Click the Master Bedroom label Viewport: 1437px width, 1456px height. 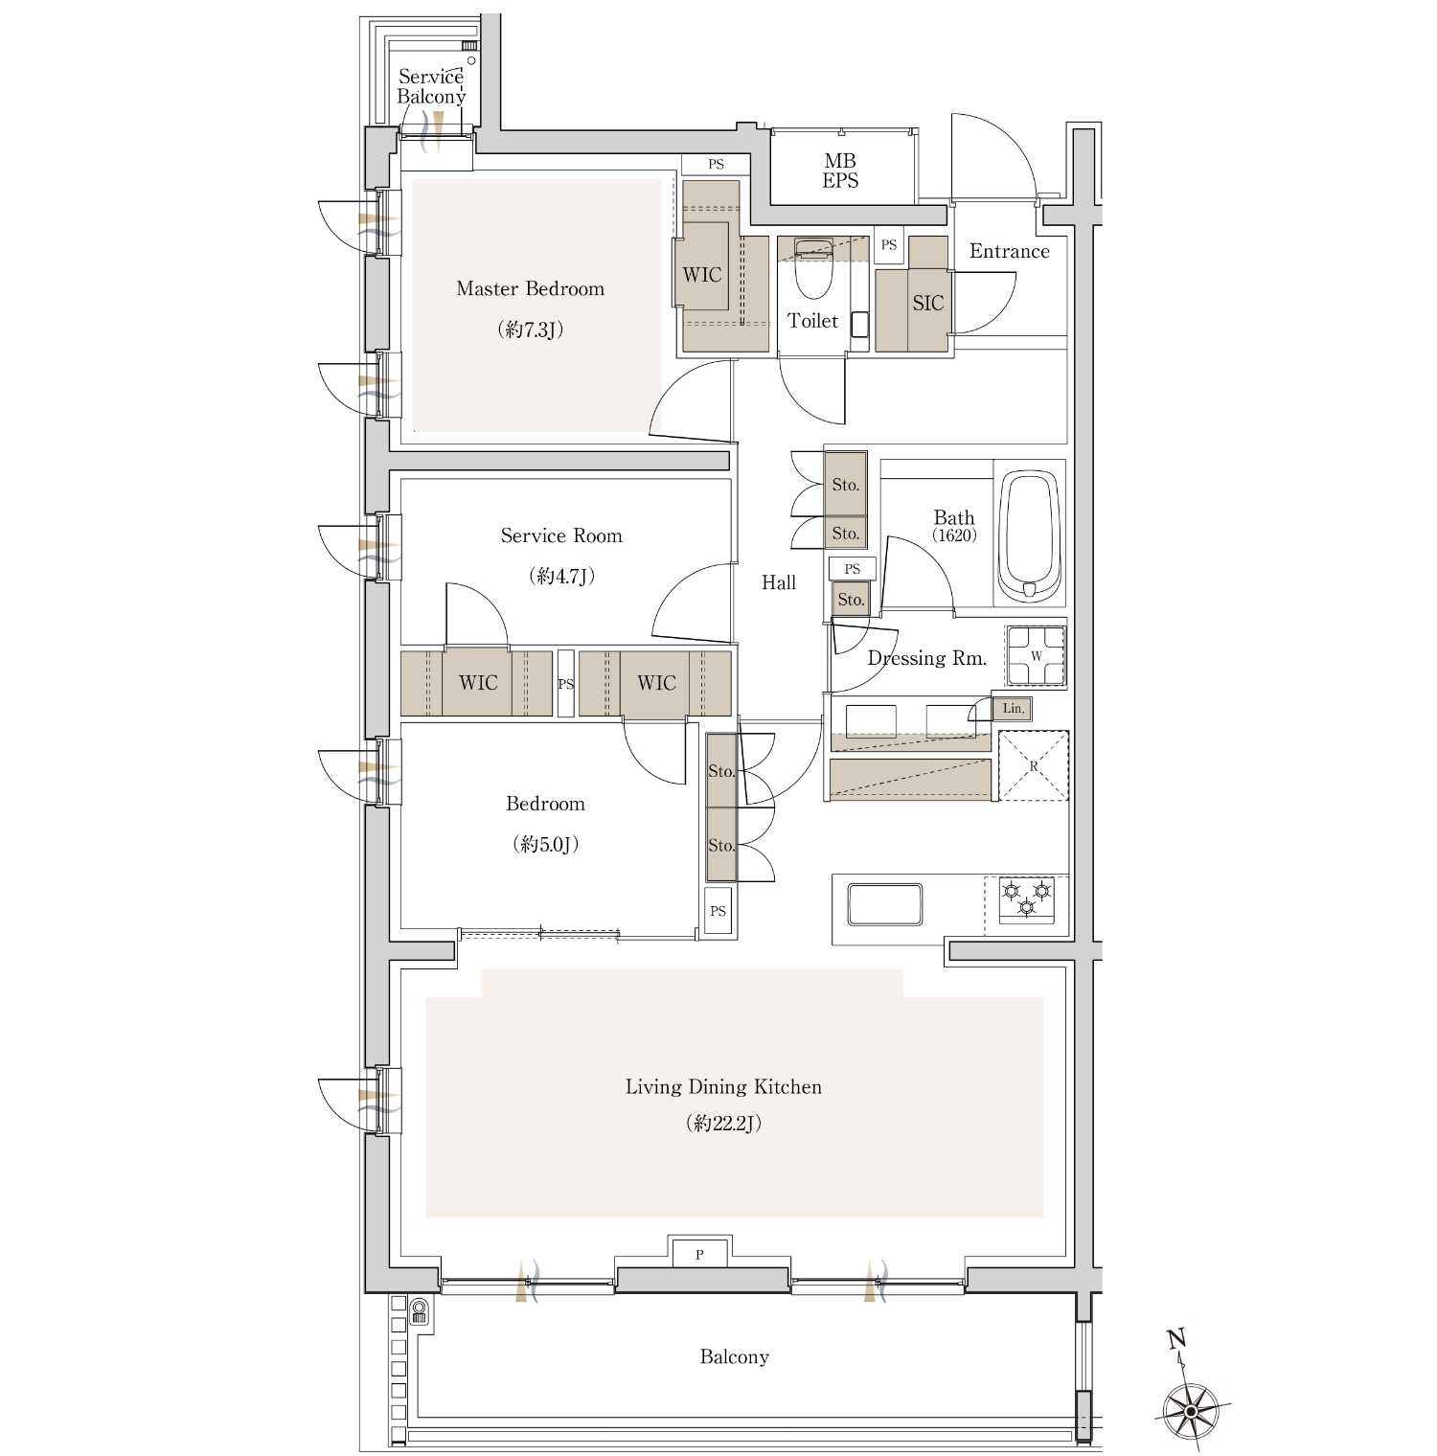click(530, 288)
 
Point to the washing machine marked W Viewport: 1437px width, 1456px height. click(1036, 656)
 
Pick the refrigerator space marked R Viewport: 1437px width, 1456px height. click(1033, 765)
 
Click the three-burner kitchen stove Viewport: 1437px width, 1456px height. click(1027, 900)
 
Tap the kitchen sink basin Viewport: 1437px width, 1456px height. click(885, 904)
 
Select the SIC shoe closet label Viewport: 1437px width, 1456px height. click(927, 304)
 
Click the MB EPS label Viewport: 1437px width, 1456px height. click(840, 171)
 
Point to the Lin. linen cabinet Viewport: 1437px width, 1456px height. click(1014, 709)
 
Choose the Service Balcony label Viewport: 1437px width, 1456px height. click(431, 86)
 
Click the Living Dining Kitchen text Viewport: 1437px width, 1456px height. click(723, 1087)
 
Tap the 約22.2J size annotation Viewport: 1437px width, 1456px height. click(723, 1124)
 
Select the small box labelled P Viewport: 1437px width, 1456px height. click(699, 1254)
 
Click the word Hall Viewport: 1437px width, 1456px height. click(779, 582)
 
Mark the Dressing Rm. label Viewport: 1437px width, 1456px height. click(926, 658)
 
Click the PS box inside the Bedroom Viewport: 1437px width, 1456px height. click(718, 911)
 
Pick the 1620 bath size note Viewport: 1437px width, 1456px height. click(954, 535)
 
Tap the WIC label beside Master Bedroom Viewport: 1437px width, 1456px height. click(702, 275)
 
